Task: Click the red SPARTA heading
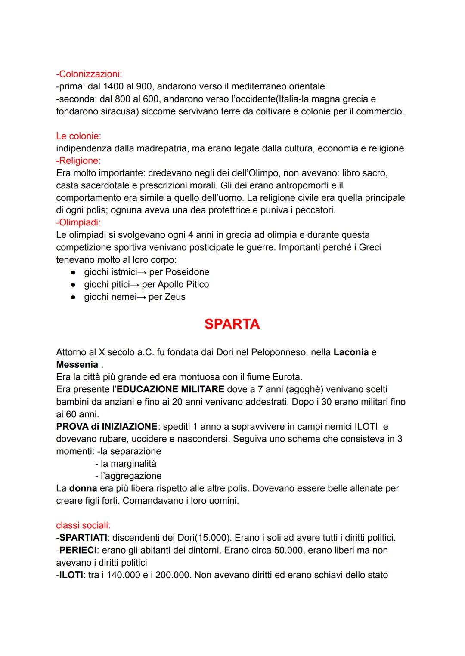coord(232,324)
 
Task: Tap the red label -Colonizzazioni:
coord(89,74)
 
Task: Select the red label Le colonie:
coord(78,136)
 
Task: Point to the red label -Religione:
coord(78,161)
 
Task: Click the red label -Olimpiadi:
coord(80,223)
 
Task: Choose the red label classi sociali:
coord(83,525)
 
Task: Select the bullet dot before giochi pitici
coord(74,285)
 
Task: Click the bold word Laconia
coord(351,352)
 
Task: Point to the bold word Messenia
coord(77,365)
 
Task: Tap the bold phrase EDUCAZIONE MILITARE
coord(170,389)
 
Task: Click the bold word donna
coord(83,488)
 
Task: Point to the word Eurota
coord(287,377)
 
